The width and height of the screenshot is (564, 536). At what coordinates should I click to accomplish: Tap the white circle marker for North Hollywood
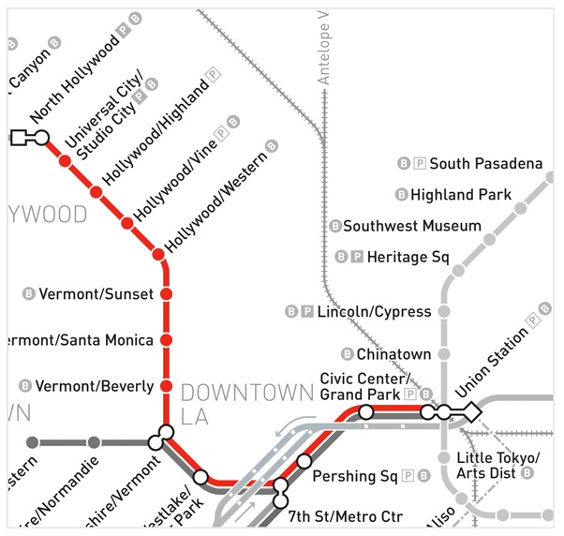[41, 139]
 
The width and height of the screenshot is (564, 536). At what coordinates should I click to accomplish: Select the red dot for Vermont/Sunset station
[166, 294]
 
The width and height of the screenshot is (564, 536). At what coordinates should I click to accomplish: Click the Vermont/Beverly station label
[94, 386]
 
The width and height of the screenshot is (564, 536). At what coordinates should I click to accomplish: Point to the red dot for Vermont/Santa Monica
[166, 340]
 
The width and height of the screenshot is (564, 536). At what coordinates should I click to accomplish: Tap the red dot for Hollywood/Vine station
[126, 223]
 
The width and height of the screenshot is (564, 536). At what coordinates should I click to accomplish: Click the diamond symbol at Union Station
[471, 411]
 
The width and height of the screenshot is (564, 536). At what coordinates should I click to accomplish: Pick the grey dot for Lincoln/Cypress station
[444, 311]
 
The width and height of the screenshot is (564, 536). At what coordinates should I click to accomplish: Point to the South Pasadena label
[485, 164]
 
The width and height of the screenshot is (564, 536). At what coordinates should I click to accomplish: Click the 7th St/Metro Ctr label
[345, 516]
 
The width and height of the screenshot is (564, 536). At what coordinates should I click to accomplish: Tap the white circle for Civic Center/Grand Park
[366, 412]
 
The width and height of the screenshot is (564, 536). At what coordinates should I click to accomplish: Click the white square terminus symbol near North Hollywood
[19, 139]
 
